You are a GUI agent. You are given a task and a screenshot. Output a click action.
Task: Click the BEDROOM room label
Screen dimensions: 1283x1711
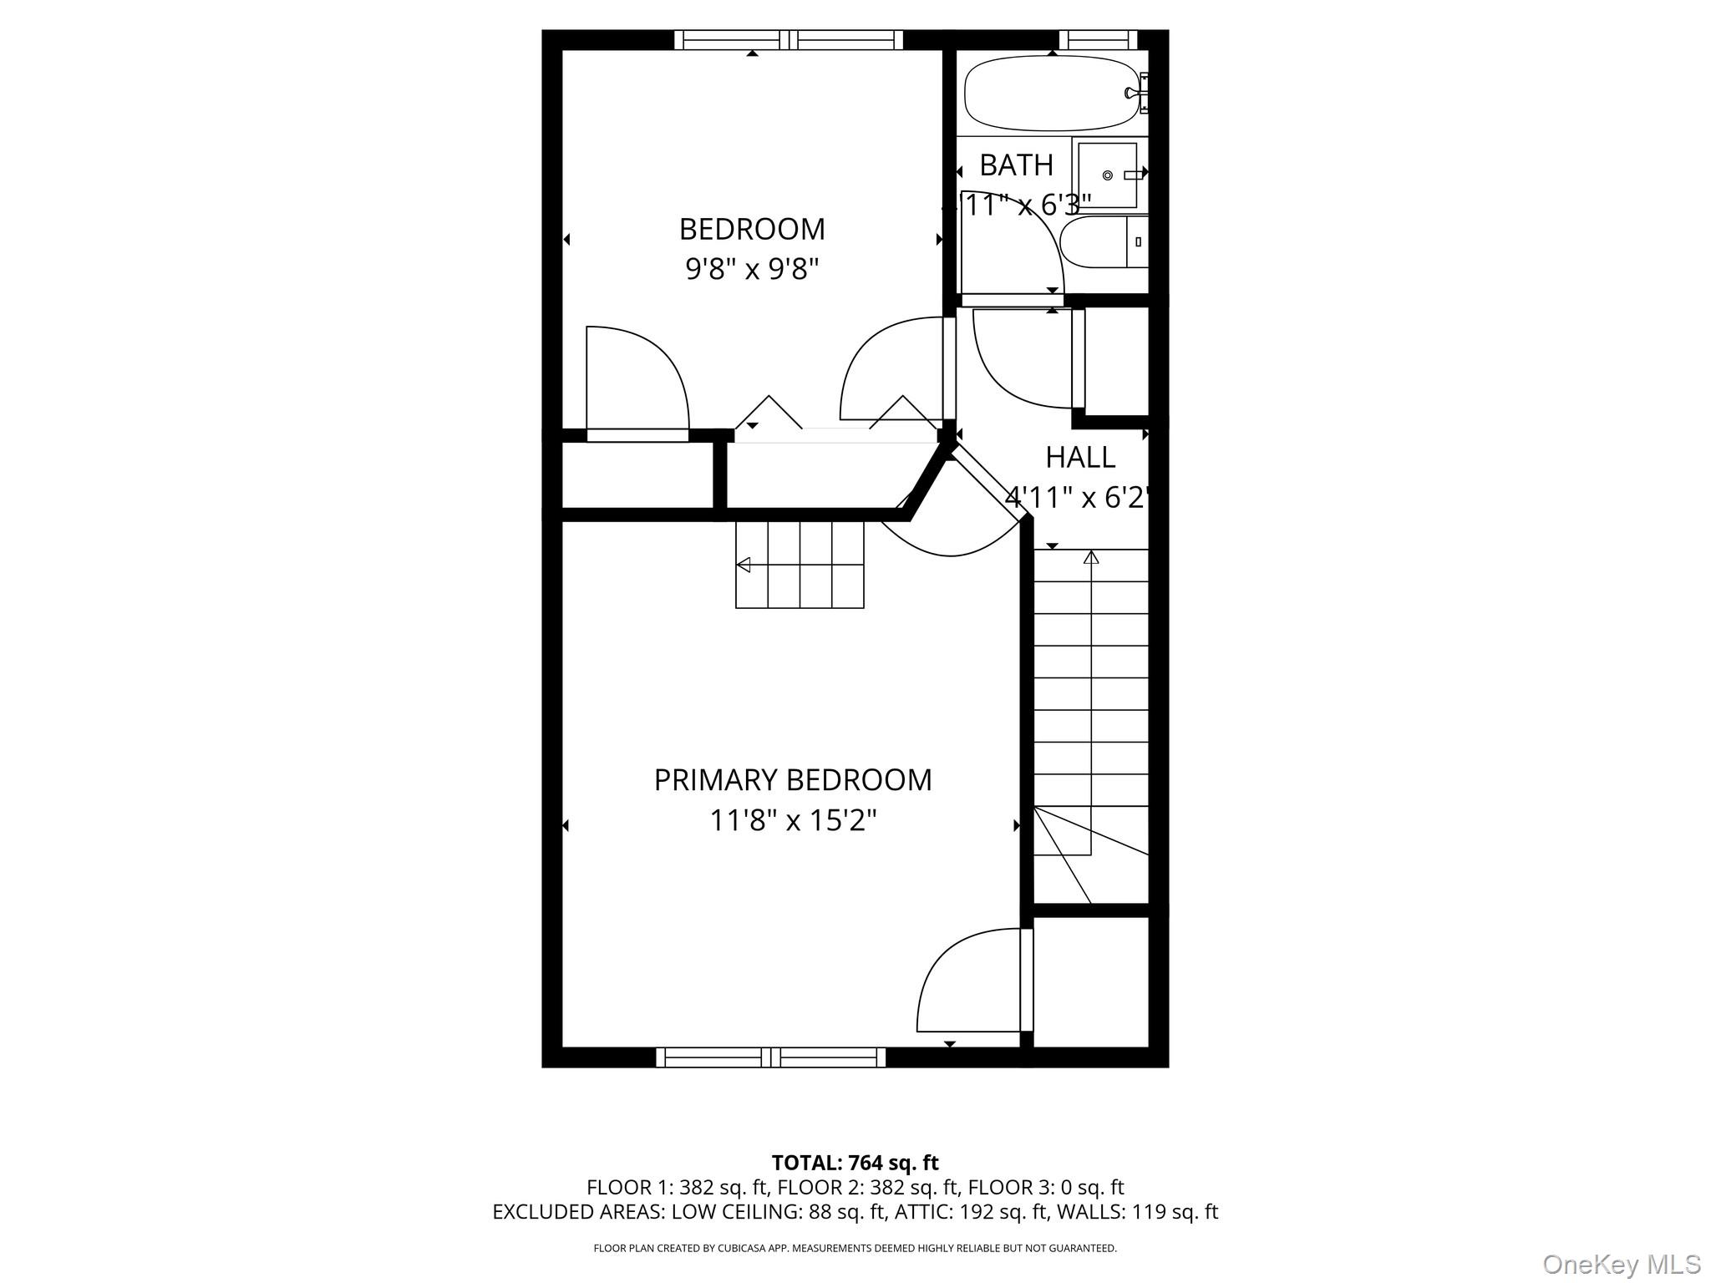pos(752,229)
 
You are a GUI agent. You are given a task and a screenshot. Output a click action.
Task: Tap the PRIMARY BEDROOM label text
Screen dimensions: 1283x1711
pos(792,780)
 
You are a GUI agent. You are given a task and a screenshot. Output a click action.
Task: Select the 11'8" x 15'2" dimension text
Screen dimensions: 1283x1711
pos(792,820)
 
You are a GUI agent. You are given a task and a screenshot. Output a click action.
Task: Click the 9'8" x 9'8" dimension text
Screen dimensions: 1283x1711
pos(752,269)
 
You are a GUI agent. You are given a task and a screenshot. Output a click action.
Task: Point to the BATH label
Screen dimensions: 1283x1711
pos(1016,165)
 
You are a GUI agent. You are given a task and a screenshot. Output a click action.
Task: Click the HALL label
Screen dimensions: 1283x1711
pos(1080,458)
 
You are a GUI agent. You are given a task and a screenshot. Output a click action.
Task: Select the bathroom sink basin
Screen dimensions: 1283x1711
pos(1107,175)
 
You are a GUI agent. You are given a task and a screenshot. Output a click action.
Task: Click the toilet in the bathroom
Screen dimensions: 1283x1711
pos(1103,242)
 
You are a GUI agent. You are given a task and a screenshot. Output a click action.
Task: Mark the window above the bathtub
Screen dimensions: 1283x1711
pos(1098,39)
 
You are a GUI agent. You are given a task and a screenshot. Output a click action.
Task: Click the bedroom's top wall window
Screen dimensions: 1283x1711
pos(789,39)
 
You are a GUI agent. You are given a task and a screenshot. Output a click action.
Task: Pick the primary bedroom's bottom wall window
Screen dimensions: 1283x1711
pos(770,1057)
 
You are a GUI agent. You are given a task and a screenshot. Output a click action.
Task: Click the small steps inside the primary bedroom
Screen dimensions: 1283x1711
pos(800,565)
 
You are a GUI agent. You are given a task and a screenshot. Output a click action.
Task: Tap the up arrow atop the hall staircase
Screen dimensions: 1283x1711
pos(1091,557)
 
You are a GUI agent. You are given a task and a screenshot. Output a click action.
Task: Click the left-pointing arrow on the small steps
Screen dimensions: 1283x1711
pos(743,565)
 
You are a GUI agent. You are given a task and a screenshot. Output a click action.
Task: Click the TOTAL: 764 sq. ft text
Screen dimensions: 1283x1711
pos(855,1163)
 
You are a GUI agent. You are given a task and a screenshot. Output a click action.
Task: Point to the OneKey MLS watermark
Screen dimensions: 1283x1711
pos(1621,1264)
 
